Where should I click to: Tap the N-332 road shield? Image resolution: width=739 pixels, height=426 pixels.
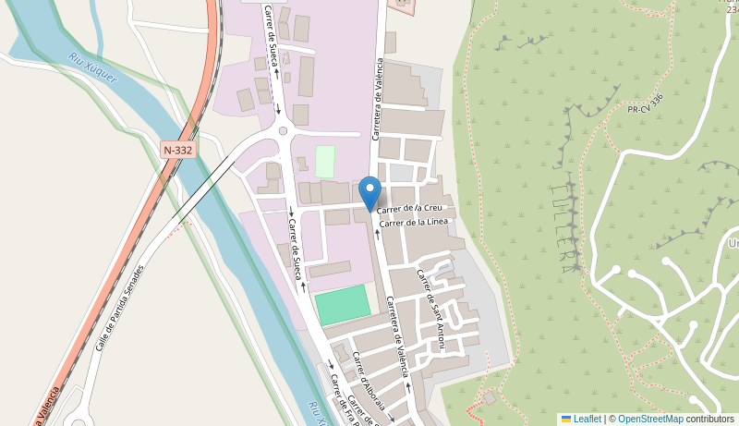point(177,149)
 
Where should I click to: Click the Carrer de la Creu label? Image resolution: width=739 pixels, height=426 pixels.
point(416,208)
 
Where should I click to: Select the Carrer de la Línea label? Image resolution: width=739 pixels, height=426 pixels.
point(413,222)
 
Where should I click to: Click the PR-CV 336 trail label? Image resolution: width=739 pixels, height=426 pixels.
point(646,103)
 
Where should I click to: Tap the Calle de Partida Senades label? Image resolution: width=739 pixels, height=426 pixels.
point(120,309)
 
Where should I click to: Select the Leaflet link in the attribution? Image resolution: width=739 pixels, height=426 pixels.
point(587,419)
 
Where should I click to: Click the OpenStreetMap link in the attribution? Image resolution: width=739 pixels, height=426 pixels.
point(650,419)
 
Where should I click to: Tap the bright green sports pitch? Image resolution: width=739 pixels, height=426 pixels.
point(342,305)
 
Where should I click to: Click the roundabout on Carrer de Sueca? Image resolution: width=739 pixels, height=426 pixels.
point(283,130)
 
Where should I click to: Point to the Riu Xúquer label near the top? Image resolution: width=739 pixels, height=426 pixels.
point(92,67)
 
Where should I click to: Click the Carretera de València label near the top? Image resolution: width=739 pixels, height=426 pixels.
point(377,100)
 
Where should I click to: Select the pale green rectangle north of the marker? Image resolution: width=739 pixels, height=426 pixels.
point(325,162)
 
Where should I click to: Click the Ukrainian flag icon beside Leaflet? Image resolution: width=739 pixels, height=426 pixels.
point(566,419)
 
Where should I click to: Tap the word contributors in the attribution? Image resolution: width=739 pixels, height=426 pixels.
point(710,419)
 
